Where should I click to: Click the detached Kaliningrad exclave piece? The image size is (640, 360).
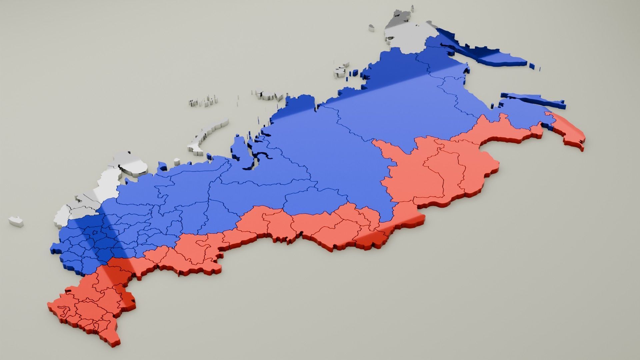[16, 221]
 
